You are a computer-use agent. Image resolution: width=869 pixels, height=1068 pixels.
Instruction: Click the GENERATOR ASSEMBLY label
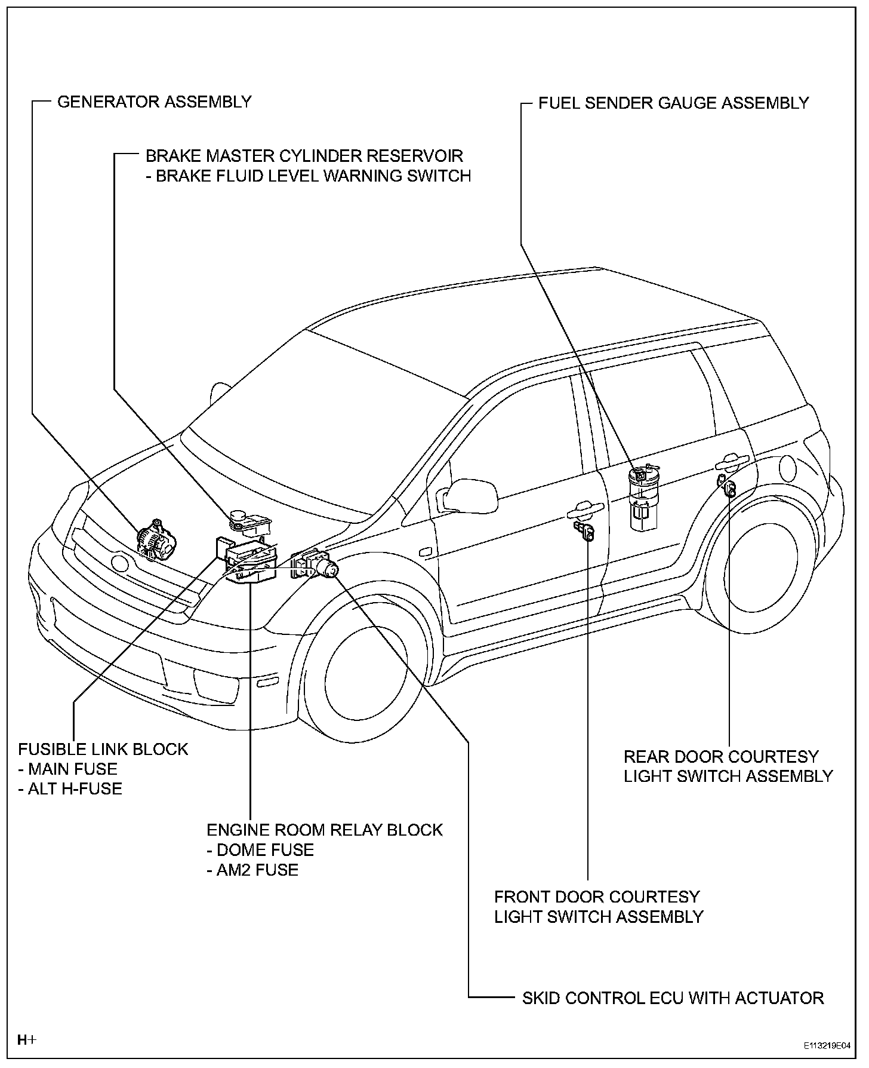pos(154,102)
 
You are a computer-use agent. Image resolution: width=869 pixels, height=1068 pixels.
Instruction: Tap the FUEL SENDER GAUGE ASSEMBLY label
pos(673,103)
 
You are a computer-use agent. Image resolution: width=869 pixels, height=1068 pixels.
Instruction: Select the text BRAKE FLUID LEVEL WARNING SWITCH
pos(309,176)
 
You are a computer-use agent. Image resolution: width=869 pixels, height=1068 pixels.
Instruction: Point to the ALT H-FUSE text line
pos(70,788)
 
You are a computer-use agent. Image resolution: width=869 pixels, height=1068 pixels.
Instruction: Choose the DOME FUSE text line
pos(260,849)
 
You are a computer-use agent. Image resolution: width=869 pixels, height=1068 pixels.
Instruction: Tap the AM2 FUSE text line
pos(252,869)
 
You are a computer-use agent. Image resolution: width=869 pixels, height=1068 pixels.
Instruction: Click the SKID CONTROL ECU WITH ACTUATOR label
pos(673,998)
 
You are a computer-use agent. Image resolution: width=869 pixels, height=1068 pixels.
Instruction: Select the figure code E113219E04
pos(827,1046)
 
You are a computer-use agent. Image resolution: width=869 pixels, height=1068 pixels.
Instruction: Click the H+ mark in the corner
pos(27,1040)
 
